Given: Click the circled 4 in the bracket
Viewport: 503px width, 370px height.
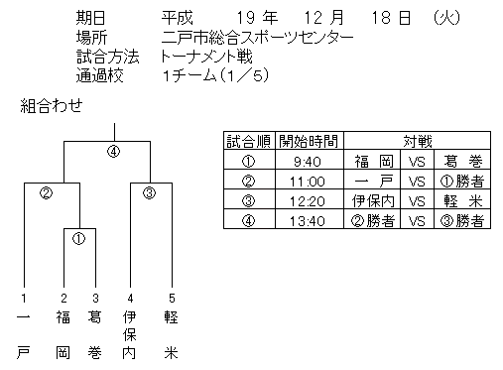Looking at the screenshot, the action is tap(113, 152).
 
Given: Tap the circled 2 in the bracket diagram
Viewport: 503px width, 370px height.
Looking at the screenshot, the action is tap(46, 192).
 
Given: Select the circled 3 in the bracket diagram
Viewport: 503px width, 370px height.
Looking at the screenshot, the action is tap(149, 192).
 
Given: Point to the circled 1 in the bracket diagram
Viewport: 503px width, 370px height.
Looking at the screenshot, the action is tap(78, 239).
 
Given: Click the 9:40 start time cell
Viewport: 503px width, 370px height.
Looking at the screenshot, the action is tap(308, 162).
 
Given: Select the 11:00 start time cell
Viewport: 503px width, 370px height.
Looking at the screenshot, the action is tap(308, 182).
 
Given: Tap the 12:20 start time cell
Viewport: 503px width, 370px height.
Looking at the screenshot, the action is tap(308, 201).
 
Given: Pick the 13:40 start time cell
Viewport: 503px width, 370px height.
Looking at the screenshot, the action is tap(308, 221).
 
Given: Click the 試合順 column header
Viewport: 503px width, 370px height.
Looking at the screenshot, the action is tap(249, 141).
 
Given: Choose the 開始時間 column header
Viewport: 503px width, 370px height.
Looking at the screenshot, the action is tap(309, 141).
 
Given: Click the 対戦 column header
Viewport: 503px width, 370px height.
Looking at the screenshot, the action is tap(418, 141).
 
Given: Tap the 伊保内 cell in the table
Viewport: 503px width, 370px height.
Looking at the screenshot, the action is tap(373, 201).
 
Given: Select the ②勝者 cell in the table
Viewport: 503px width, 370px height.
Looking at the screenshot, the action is tap(373, 221).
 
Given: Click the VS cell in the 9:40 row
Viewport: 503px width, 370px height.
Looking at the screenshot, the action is tap(417, 162).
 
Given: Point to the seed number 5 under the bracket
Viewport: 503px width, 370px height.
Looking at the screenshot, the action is tap(172, 299).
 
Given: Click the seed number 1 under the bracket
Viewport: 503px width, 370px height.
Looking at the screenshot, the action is tap(24, 299).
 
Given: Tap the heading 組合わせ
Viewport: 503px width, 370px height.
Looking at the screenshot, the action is tap(52, 106).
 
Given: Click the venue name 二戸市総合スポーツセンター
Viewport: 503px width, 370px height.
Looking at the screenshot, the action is tap(257, 38).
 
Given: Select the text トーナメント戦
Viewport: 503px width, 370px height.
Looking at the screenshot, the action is tap(206, 57).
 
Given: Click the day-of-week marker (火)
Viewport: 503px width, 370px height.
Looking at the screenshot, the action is tap(446, 18).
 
